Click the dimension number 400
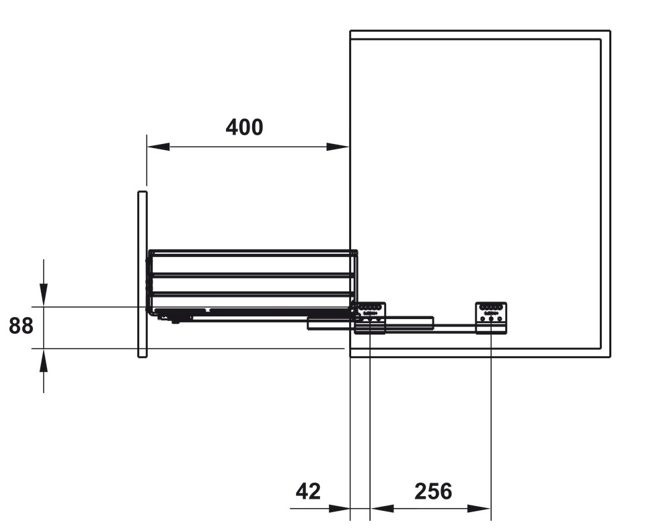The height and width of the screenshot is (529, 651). pos(244,127)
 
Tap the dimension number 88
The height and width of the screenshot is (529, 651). pos(21,326)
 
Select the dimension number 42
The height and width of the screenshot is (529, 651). pos(309,491)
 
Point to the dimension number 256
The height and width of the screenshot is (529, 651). pos(432,491)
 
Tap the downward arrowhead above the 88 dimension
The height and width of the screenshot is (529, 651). pos(44,295)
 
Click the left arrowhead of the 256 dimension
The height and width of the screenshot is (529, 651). pos(381,509)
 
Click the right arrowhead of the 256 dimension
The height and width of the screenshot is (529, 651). pos(480,509)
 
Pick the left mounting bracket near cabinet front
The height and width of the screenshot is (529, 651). pos(371,316)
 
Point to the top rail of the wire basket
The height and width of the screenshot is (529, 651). pos(252,252)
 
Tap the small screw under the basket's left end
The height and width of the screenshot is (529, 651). pos(175,321)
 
